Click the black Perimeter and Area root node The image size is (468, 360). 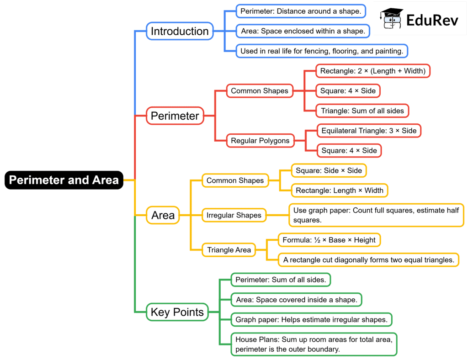tap(64, 180)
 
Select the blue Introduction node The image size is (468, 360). tap(180, 31)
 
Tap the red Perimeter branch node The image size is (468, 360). tap(175, 116)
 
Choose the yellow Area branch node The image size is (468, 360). tap(163, 215)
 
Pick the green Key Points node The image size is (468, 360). tap(177, 312)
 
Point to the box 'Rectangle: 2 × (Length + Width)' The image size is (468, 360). tap(372, 71)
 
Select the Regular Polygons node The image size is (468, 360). tap(260, 141)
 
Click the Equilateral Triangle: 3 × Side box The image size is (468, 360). tap(369, 131)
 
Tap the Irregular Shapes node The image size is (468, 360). tap(234, 215)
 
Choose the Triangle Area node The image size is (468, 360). tap(229, 250)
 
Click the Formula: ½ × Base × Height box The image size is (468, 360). tap(329, 240)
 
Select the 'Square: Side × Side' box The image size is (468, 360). tap(329, 170)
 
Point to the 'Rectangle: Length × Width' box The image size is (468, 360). tap(340, 190)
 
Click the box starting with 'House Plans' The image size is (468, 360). tap(314, 344)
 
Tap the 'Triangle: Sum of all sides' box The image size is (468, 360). tap(362, 111)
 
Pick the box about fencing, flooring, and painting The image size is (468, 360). tap(322, 51)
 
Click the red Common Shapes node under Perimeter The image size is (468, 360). tap(260, 90)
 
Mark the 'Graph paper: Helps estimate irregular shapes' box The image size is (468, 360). tap(311, 319)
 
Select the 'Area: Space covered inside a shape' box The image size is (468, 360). tap(296, 300)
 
